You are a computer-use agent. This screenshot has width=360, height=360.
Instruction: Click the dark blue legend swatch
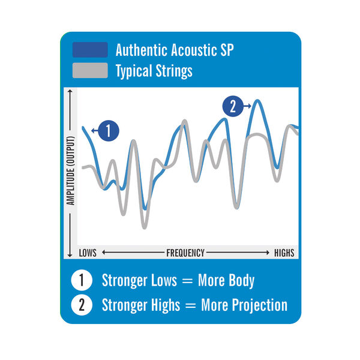click(90, 50)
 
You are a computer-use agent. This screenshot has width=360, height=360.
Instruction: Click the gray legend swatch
click(90, 70)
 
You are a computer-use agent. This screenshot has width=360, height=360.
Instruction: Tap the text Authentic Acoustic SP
click(174, 50)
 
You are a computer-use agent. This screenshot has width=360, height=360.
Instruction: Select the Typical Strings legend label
click(154, 70)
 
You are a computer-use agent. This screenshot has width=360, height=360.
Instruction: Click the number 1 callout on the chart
click(107, 131)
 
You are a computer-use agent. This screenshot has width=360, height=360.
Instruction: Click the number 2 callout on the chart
click(233, 107)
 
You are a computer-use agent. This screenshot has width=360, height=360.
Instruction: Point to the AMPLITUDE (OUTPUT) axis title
click(71, 172)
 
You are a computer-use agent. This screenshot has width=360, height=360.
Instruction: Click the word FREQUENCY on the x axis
click(185, 253)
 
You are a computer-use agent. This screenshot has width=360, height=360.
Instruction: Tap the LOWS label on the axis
click(88, 253)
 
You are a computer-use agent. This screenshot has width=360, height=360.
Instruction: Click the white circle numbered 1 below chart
click(81, 280)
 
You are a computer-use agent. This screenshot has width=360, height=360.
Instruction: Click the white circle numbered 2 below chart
click(81, 305)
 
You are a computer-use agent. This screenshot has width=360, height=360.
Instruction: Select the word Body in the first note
click(241, 280)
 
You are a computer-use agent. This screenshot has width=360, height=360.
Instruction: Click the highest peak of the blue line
click(257, 101)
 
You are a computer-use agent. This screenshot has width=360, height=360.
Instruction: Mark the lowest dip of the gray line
click(144, 227)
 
